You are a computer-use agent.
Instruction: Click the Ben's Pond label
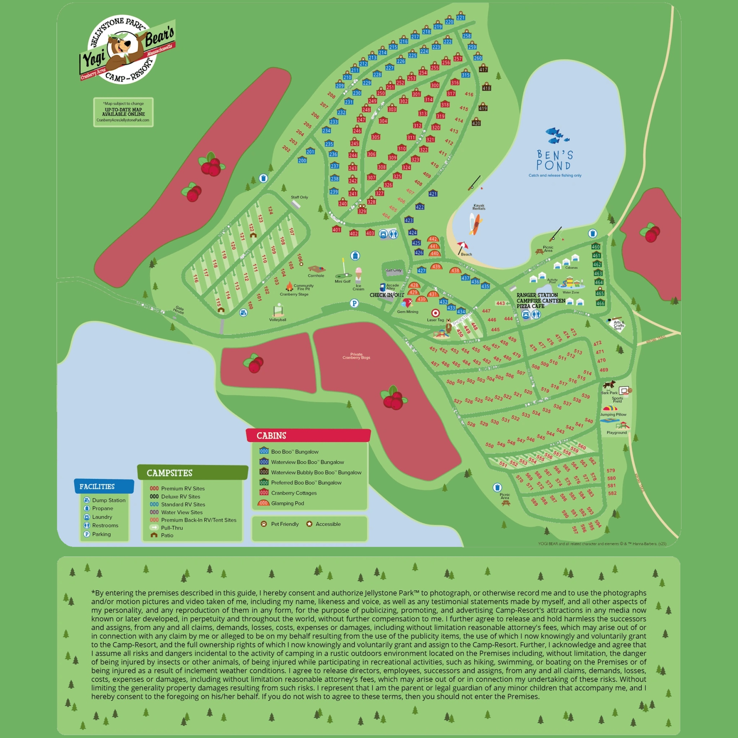pyautogui.click(x=555, y=160)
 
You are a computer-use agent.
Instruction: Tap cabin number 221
pyautogui.click(x=461, y=17)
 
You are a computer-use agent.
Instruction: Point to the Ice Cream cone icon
pyautogui.click(x=358, y=274)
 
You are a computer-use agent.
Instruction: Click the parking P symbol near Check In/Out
pyautogui.click(x=354, y=303)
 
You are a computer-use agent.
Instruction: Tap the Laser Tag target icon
pyautogui.click(x=435, y=313)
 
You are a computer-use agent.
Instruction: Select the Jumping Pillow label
pyautogui.click(x=613, y=414)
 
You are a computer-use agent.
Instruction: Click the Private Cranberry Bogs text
pyautogui.click(x=356, y=356)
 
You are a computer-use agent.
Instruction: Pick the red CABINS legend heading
pyautogui.click(x=271, y=435)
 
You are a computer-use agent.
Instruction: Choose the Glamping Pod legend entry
pyautogui.click(x=287, y=503)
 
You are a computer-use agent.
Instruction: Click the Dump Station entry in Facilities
pyautogui.click(x=108, y=500)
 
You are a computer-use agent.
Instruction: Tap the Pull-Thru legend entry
pyautogui.click(x=172, y=528)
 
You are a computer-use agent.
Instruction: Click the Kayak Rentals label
pyautogui.click(x=479, y=206)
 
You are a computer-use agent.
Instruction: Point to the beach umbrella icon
pyautogui.click(x=462, y=246)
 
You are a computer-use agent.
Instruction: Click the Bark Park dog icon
pyautogui.click(x=609, y=384)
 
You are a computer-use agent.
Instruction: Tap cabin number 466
pyautogui.click(x=600, y=303)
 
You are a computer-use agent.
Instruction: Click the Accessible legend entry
pyautogui.click(x=327, y=524)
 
